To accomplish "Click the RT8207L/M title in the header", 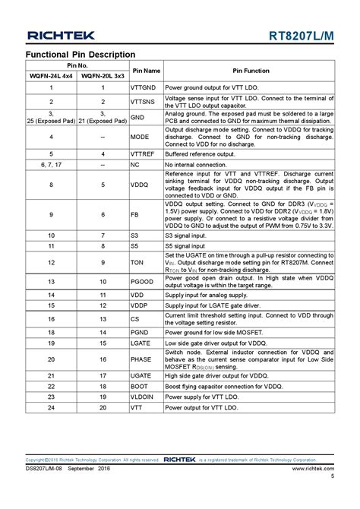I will pos(302,35).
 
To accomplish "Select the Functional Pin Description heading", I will pos(81,55).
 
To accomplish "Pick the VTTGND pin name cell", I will pos(144,88).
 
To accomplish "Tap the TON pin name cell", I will pos(137,263).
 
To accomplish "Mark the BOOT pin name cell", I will pos(140,386).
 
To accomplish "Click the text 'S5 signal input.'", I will pos(190,247).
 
